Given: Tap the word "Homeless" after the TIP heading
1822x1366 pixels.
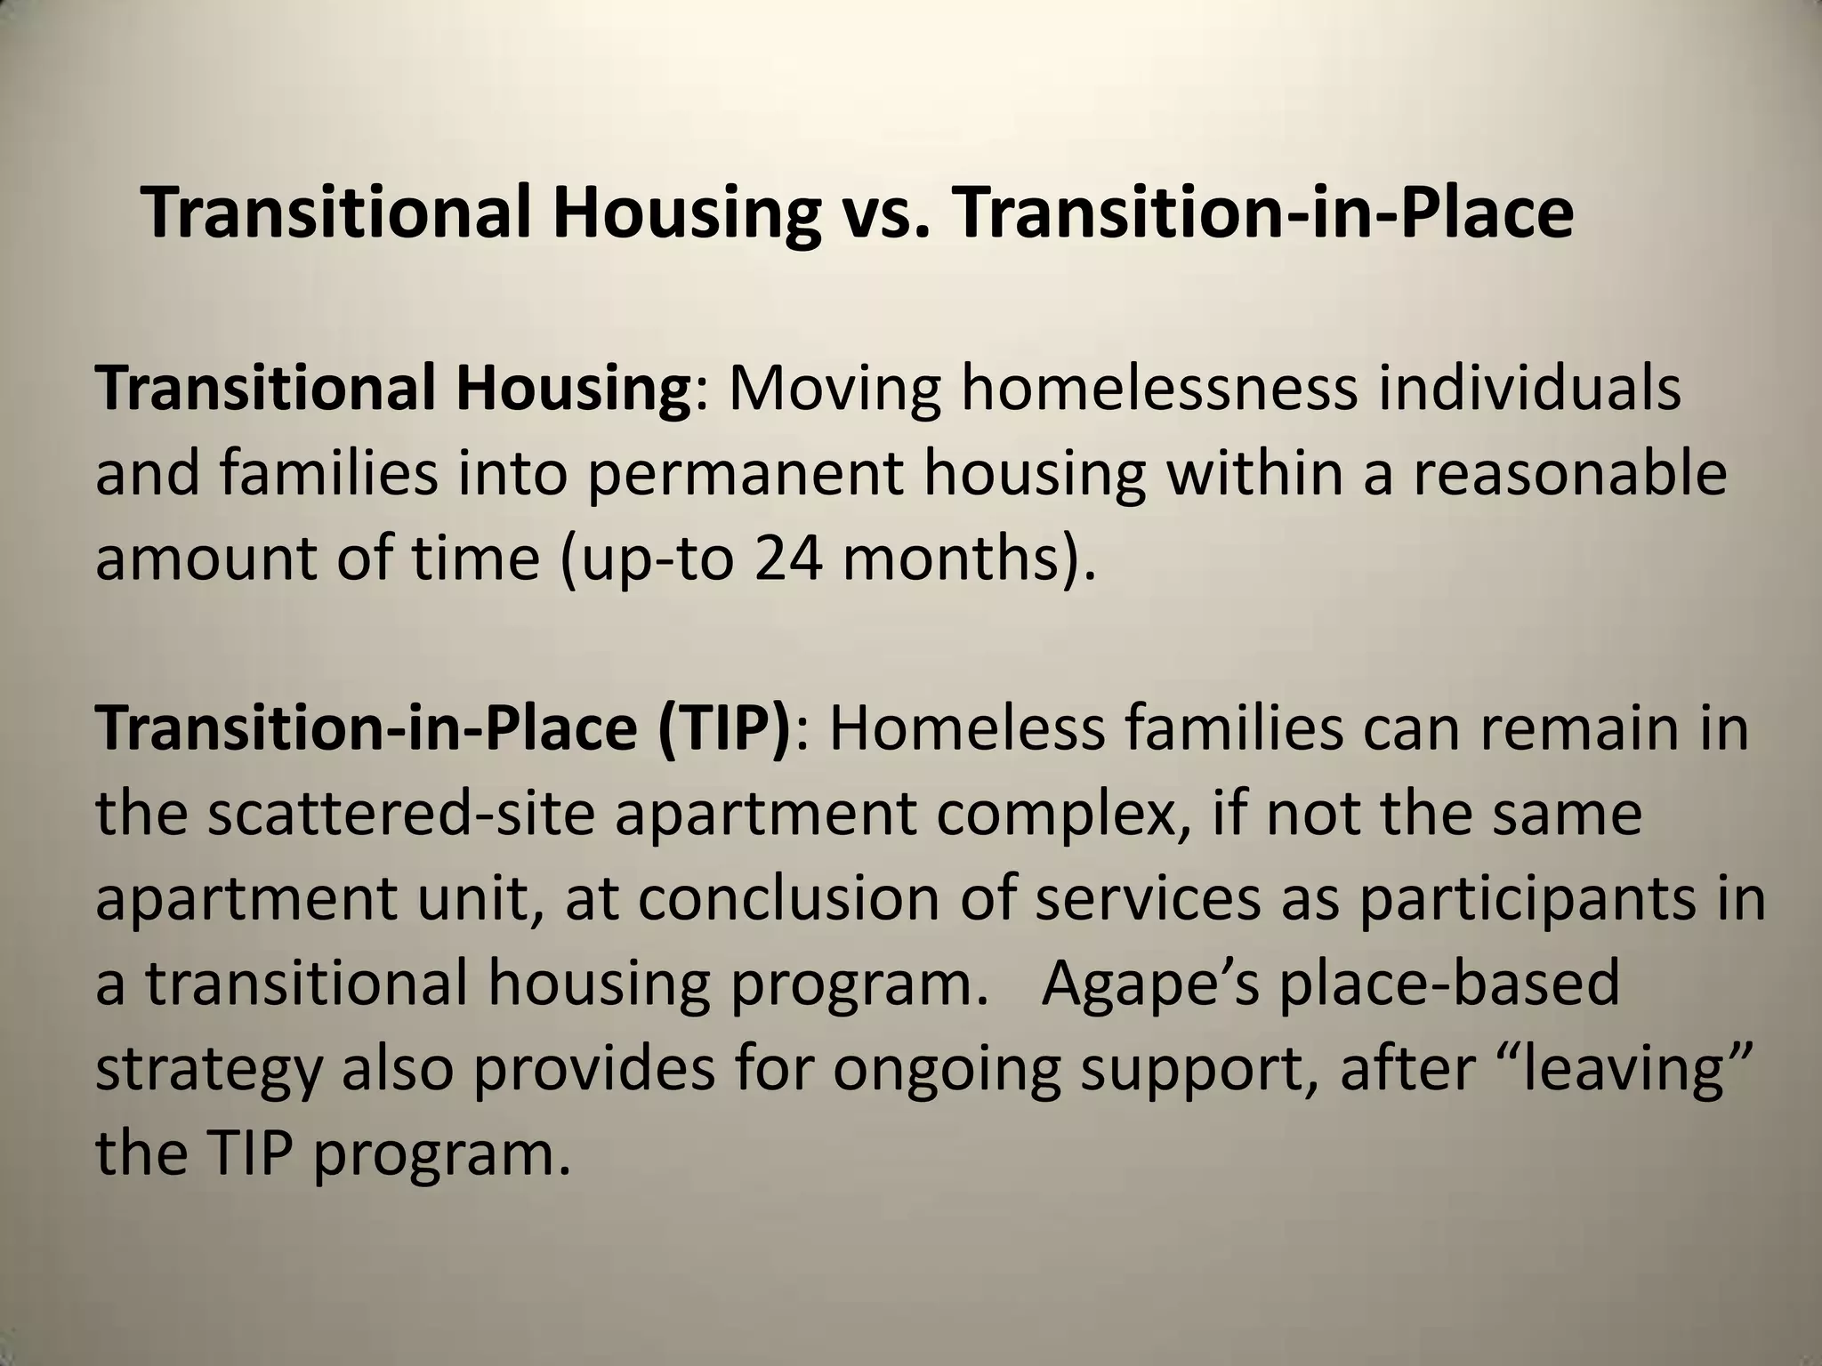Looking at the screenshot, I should click(x=966, y=727).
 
